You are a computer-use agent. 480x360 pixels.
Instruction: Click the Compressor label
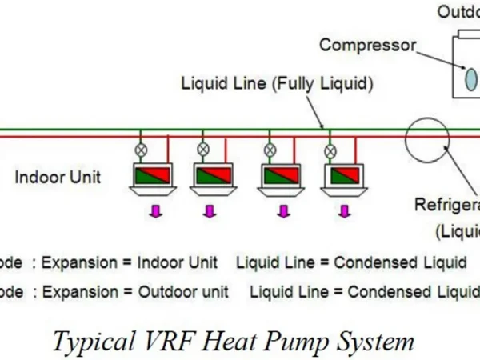click(367, 44)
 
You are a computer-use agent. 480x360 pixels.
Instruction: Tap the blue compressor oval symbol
click(471, 78)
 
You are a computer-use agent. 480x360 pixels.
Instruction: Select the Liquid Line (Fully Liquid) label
click(278, 82)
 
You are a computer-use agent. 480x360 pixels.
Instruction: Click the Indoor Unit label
click(58, 177)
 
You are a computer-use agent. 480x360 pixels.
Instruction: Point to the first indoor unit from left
click(152, 178)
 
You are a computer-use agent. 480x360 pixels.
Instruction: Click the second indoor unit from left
click(211, 178)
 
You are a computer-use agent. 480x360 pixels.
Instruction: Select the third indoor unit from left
click(282, 178)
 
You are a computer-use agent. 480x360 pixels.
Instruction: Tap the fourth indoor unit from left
click(343, 178)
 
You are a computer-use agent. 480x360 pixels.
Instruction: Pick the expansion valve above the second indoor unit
click(203, 149)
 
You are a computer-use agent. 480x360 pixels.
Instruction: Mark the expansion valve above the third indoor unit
click(270, 149)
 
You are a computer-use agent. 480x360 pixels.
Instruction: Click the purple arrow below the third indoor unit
click(282, 211)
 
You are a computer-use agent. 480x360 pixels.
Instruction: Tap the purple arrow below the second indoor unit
click(210, 211)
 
